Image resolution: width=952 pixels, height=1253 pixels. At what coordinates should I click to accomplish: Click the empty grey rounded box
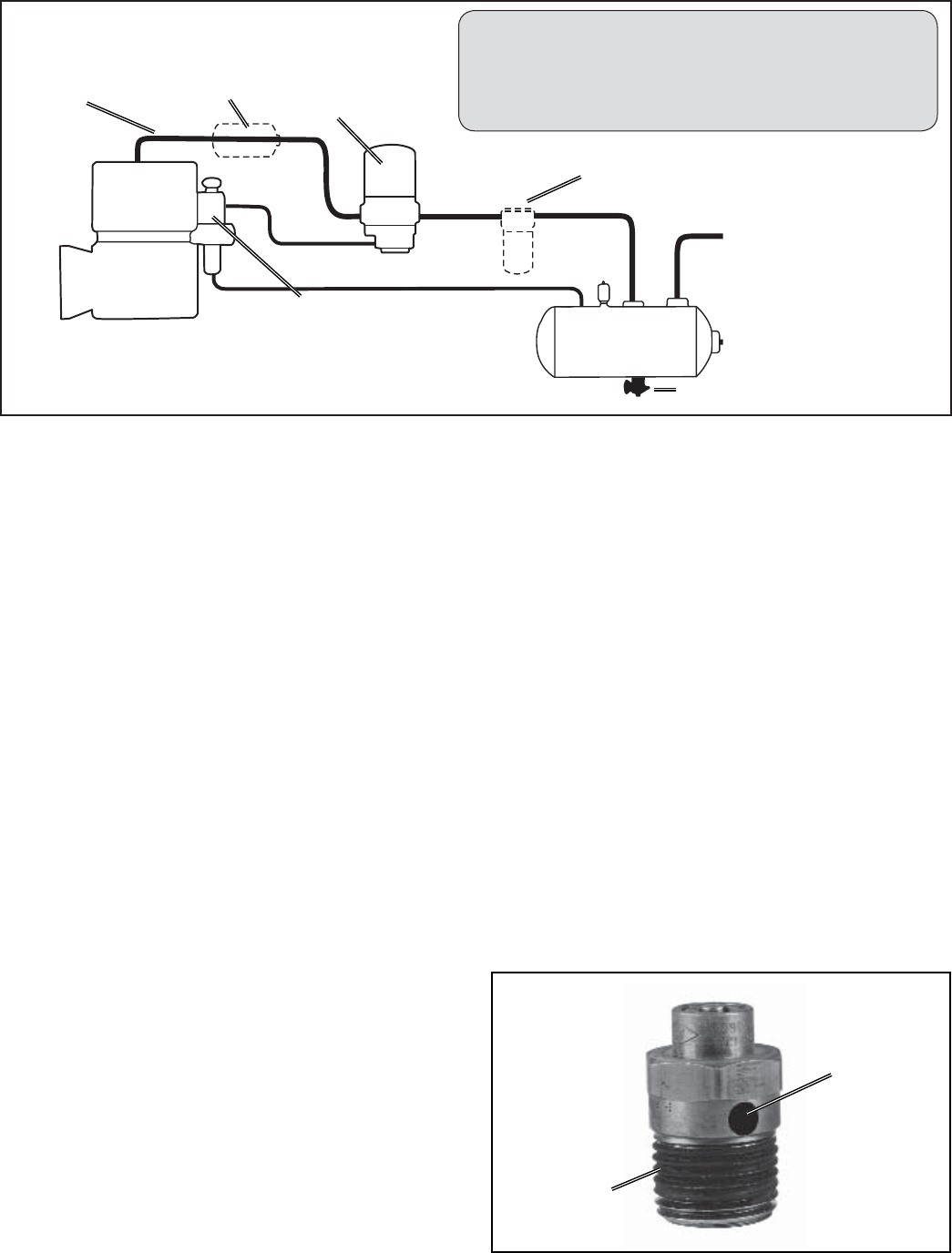(x=697, y=71)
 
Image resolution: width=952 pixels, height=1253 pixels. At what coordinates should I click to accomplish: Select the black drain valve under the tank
(x=631, y=390)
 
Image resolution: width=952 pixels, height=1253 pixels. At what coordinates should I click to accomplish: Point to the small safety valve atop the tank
(x=600, y=294)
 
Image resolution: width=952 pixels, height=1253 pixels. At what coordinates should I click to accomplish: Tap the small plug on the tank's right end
(x=720, y=341)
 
